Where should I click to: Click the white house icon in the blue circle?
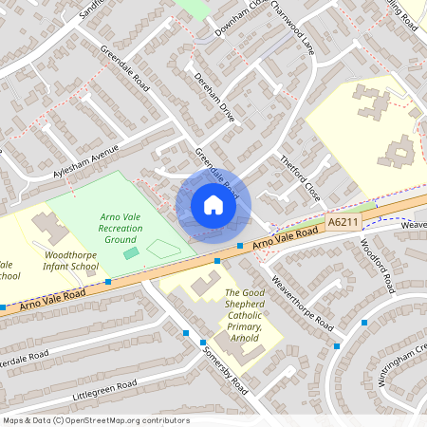[x=213, y=205]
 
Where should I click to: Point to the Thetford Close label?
[x=301, y=177]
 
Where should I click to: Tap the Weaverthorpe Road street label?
[x=303, y=302]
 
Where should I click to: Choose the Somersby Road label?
[x=225, y=370]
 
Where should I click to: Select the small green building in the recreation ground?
[x=130, y=253]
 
